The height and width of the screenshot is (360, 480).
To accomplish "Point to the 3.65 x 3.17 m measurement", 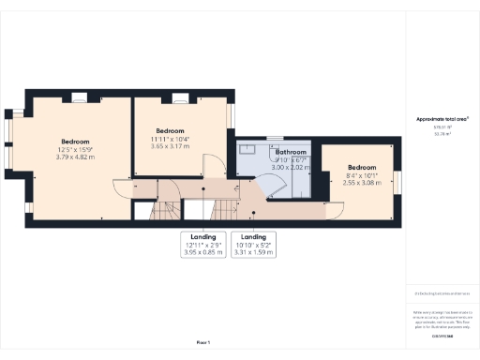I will (x=171, y=146).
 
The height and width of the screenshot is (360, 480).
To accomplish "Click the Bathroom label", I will (x=290, y=152).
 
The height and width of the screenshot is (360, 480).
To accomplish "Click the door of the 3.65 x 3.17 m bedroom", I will (x=214, y=165).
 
